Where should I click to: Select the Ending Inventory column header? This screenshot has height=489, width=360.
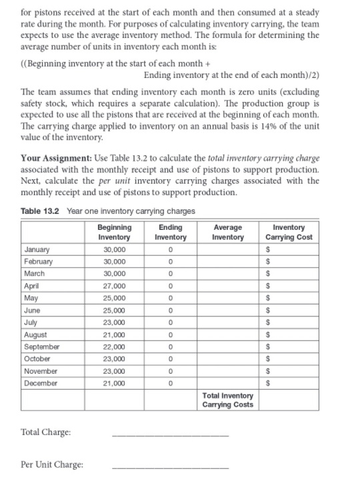tap(170, 233)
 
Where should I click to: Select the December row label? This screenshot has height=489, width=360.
tap(39, 384)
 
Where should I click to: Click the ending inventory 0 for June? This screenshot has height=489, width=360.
tap(171, 310)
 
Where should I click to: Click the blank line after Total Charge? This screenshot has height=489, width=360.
tap(170, 434)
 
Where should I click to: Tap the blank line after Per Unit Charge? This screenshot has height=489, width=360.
tap(170, 468)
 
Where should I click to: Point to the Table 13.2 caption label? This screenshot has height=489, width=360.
tap(41, 211)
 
